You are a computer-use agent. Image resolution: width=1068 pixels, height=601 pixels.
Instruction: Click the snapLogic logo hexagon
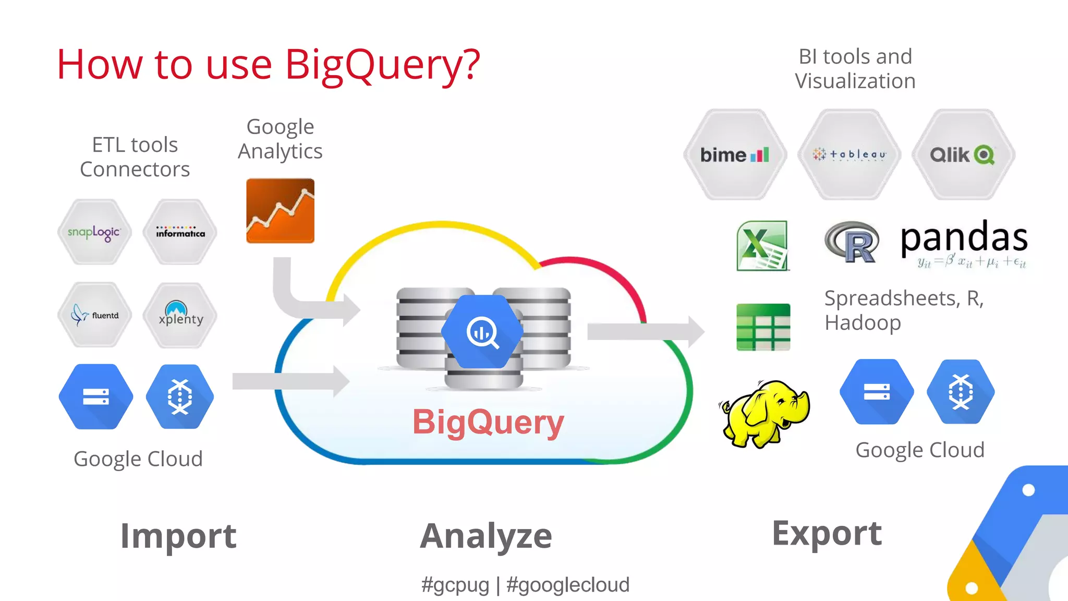tap(94, 232)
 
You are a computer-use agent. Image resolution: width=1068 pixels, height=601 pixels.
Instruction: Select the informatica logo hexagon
tap(180, 232)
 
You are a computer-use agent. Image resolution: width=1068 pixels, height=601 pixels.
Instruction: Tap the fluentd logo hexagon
tap(94, 315)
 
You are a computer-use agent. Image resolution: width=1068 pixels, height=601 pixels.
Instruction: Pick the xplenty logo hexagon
tap(180, 315)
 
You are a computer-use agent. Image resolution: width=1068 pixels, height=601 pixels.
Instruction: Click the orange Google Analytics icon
tap(280, 211)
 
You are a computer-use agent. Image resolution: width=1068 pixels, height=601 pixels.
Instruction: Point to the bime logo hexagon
tap(735, 154)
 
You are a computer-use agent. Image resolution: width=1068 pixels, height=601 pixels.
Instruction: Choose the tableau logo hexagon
tap(849, 154)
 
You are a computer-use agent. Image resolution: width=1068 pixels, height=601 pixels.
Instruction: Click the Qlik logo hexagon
tap(963, 154)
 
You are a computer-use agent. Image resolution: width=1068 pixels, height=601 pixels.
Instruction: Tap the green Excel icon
tap(762, 245)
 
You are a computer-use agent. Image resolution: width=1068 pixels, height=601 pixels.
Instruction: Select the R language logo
tap(852, 242)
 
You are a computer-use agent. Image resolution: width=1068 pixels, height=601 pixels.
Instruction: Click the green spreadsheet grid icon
tap(763, 327)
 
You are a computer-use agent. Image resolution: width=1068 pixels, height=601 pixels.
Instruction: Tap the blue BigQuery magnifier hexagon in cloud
tap(482, 332)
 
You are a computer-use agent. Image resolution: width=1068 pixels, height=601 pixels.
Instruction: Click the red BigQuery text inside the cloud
tap(488, 422)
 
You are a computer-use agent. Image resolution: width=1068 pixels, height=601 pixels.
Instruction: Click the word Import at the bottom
tap(178, 536)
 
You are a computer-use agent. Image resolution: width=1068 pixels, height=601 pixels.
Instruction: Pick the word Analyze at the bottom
tap(486, 536)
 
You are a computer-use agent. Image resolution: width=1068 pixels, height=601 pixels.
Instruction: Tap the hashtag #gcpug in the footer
tap(455, 585)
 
